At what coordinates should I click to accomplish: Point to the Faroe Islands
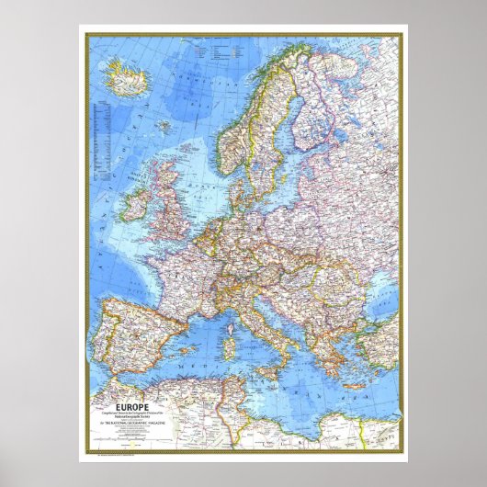[160, 123]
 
